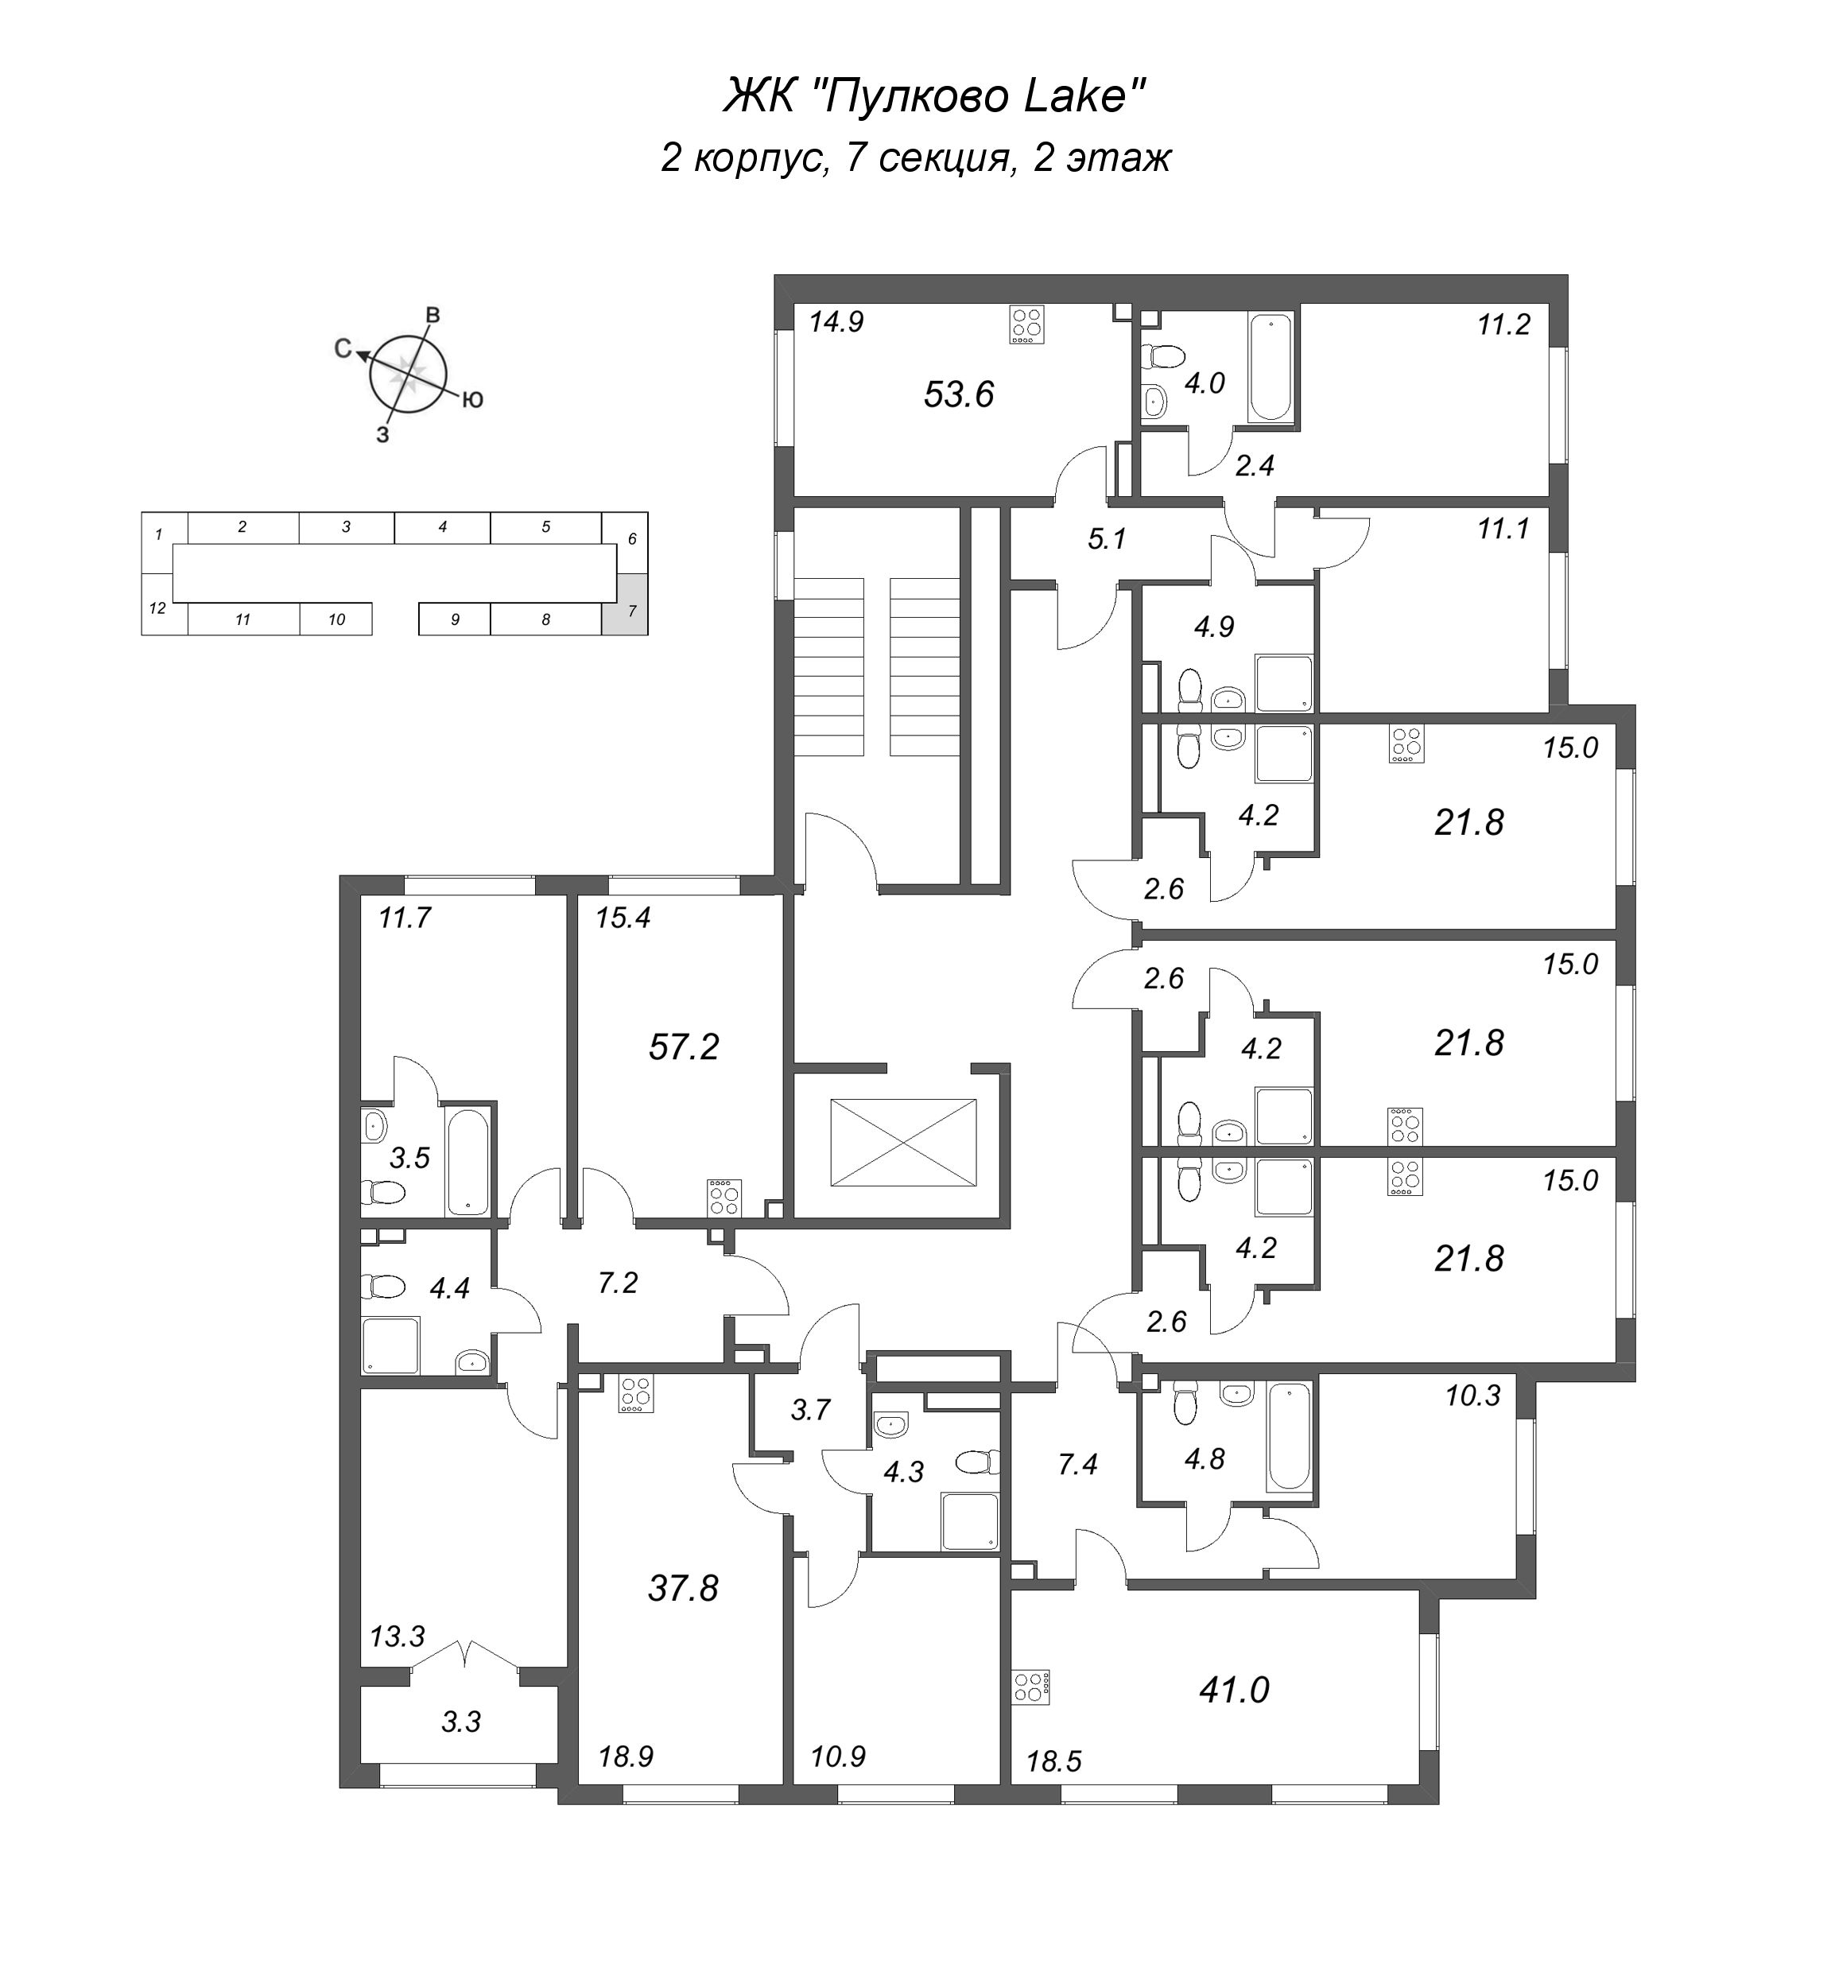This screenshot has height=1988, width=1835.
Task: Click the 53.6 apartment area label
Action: coord(958,395)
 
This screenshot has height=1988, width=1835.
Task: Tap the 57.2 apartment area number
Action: coord(683,1046)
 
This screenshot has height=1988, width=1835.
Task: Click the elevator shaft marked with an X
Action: coord(902,1142)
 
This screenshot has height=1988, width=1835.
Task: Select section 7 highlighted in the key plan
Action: coord(625,604)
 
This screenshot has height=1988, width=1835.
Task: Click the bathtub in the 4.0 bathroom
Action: coord(1270,367)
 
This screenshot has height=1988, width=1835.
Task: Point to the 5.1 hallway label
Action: coord(1108,539)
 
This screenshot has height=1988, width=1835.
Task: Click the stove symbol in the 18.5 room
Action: coord(1030,1687)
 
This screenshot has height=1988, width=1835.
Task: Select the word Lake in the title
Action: coord(1077,96)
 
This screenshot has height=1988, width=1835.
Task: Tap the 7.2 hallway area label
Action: coord(617,1283)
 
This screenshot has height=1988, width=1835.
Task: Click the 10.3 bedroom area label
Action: coord(1472,1396)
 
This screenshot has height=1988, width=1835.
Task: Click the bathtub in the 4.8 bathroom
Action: coord(1289,1437)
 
